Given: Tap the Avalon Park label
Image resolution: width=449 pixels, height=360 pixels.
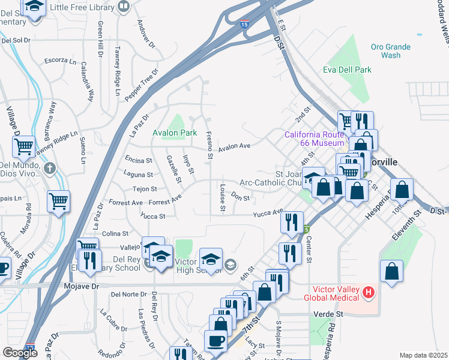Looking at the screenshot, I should (175, 133).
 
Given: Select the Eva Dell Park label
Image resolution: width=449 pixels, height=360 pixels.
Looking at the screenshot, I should (347, 70).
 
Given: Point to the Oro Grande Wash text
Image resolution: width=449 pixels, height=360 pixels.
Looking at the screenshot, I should (390, 51).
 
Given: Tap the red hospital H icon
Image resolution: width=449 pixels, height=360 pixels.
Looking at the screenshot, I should (370, 293).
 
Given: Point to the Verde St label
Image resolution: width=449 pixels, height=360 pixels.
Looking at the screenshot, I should (328, 314).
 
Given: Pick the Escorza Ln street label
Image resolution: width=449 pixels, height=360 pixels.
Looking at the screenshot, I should (61, 61).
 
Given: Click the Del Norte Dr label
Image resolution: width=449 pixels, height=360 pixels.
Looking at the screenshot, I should (126, 294).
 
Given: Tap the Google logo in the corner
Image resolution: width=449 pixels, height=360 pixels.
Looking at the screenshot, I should (20, 353).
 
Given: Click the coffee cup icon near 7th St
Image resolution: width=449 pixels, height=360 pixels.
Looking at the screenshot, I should (215, 340).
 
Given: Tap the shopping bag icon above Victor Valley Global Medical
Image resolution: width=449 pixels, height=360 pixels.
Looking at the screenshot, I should (391, 271).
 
